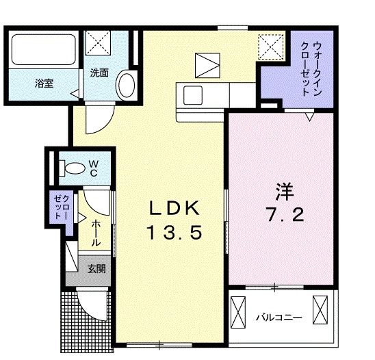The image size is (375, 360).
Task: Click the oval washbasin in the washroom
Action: [x=126, y=85]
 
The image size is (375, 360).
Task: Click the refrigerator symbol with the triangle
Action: [x=205, y=65]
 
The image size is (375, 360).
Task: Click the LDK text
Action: [x=173, y=207]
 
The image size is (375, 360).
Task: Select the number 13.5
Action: [x=173, y=233]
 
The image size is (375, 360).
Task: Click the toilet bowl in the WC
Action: [x=68, y=167]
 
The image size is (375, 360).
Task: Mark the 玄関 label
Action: [x=96, y=269]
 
